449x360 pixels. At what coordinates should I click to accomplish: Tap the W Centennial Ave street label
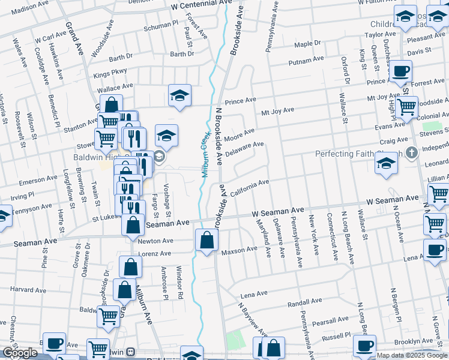200,4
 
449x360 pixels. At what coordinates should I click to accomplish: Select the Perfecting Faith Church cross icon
411,152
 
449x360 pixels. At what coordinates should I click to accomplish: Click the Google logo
20,353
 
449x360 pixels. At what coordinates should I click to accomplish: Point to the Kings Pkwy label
110,72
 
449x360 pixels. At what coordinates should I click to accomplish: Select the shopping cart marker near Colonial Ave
407,107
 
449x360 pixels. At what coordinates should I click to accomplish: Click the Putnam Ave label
306,61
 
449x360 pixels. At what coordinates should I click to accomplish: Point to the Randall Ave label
306,302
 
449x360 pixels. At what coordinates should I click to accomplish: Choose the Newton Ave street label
155,241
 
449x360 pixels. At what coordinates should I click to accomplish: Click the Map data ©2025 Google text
412,355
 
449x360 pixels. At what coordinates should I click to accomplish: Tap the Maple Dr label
308,44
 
